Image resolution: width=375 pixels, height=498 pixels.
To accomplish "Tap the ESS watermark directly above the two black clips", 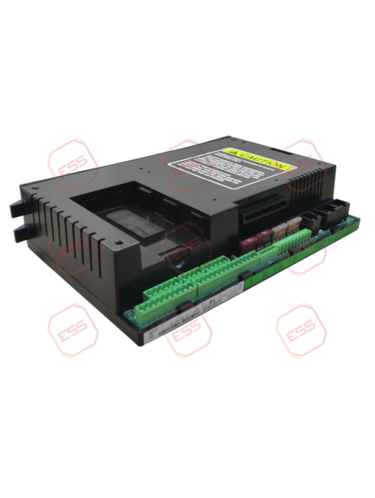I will [72, 160].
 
